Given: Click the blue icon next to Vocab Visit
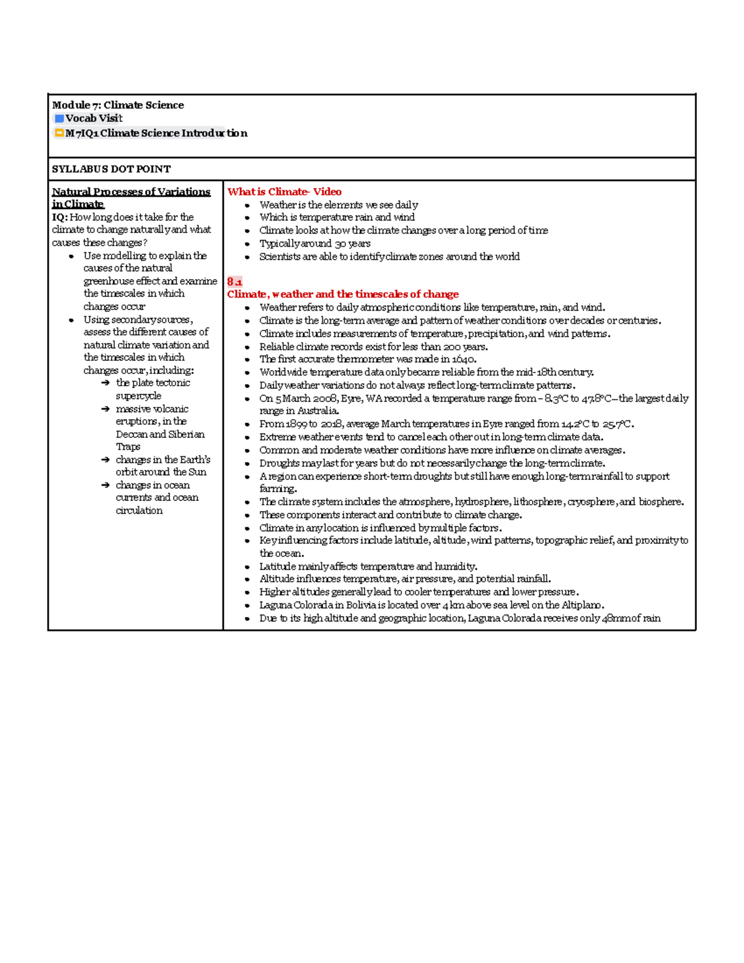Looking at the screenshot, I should (x=59, y=118).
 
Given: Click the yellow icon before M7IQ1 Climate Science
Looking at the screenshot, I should (x=59, y=133).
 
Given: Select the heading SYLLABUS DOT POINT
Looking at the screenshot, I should (x=111, y=169).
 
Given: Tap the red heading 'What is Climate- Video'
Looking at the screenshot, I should (x=284, y=192).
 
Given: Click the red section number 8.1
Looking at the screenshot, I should (x=234, y=282).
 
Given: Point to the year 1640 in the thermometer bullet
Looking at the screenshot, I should (x=464, y=360).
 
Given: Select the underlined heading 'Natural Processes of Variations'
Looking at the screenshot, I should (x=131, y=192).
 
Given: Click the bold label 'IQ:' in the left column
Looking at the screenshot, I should (x=60, y=217).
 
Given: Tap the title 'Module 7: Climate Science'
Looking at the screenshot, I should (x=118, y=105).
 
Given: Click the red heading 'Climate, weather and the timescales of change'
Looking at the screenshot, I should (x=342, y=295).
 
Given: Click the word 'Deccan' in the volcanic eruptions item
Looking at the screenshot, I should (x=131, y=435).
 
